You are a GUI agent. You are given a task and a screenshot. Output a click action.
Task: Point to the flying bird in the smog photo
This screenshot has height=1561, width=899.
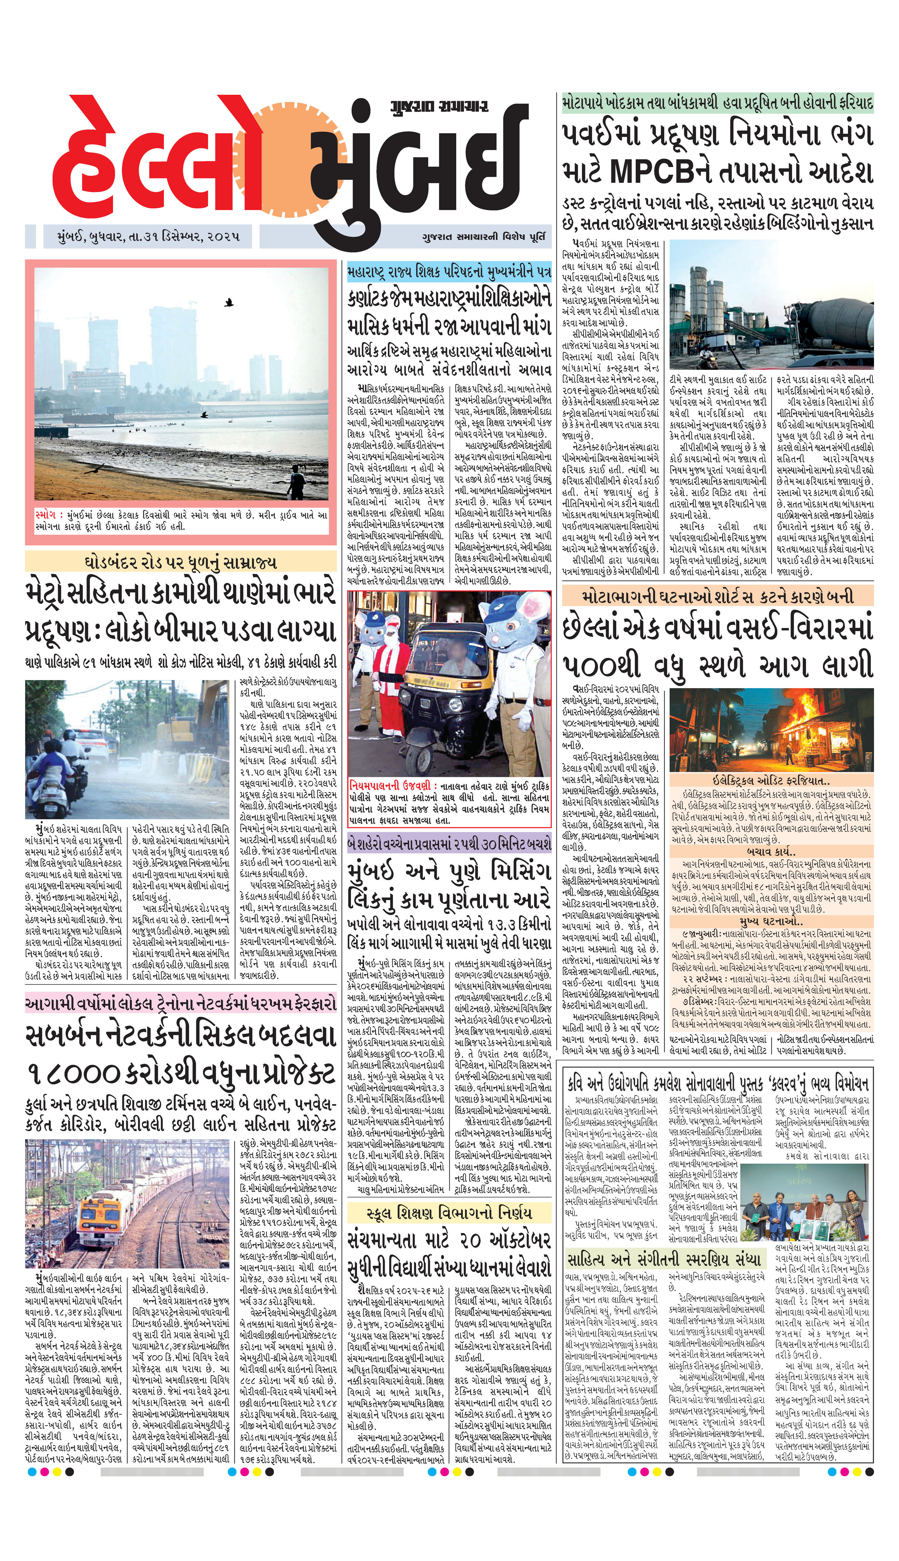pyautogui.click(x=229, y=303)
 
